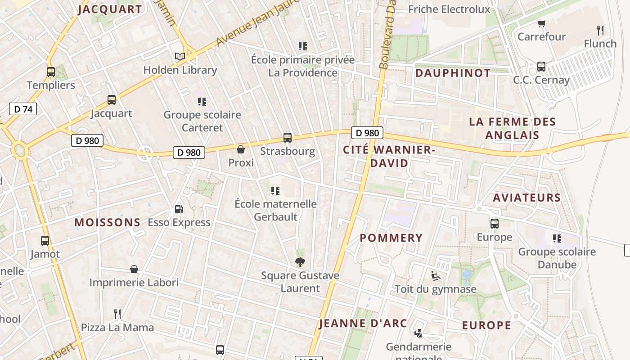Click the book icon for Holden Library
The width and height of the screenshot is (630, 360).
tap(180, 56)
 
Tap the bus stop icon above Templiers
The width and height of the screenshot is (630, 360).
tap(51, 72)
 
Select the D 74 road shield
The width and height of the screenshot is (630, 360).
tap(23, 109)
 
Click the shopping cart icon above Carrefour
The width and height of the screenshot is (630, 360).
tap(541, 23)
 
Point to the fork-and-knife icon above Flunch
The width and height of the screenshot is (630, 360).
tap(600, 31)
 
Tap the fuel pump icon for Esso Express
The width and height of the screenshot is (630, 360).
tap(179, 209)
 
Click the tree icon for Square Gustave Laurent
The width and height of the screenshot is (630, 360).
tap(300, 262)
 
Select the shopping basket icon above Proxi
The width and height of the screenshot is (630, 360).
tap(241, 149)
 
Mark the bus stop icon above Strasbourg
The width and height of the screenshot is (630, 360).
tap(287, 138)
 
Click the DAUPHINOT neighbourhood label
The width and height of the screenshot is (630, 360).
tap(453, 73)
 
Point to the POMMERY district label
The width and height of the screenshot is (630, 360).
tap(391, 238)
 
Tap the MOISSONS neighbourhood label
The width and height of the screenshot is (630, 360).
tap(108, 222)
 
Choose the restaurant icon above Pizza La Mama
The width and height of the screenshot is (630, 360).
tap(117, 314)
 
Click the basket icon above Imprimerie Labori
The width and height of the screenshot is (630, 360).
tap(134, 269)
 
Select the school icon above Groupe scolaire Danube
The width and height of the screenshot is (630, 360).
tap(557, 238)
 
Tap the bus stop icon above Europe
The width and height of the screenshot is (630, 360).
tap(495, 224)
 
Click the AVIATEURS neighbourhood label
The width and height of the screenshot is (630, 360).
tap(526, 198)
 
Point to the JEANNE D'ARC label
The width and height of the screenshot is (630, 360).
tap(363, 323)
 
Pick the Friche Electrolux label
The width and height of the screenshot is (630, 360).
tap(449, 9)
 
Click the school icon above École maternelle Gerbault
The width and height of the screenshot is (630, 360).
tap(275, 191)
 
